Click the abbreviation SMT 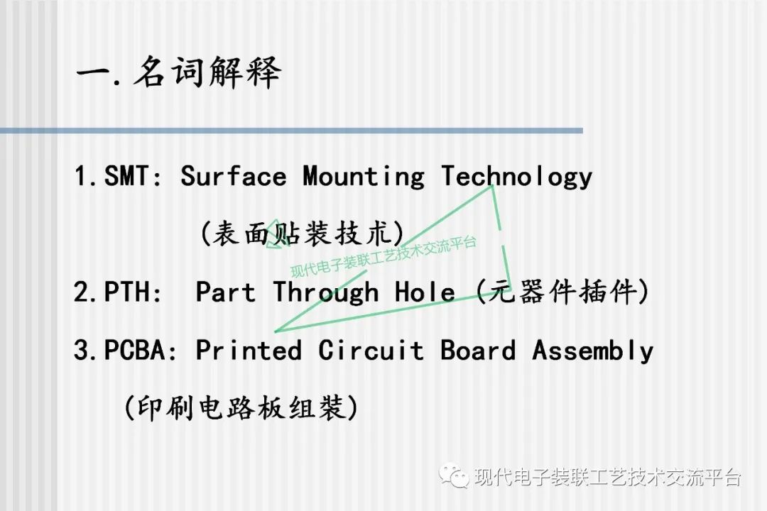pos(129,176)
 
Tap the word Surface pos(233,176)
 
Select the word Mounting pos(363,176)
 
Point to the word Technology pos(516,176)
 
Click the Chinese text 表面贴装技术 pos(303,233)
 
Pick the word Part pos(225,292)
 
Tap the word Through pos(326,292)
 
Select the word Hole pos(425,292)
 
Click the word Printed pos(249,350)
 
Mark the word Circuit pos(371,350)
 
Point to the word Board pos(478,350)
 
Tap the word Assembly pos(593,350)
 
